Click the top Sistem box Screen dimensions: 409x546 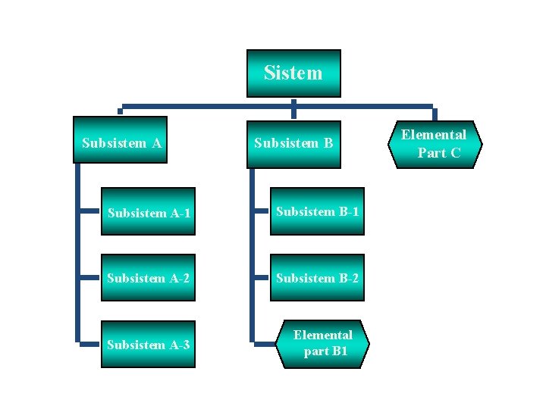pos(293,73)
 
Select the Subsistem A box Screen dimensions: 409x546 pos(121,142)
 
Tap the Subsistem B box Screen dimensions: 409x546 pos(293,142)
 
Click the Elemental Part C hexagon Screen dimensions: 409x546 pos(434,144)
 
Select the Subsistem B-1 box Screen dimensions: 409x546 pos(317,211)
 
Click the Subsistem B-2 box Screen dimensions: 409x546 pos(317,278)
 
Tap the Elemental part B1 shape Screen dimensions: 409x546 pos(323,343)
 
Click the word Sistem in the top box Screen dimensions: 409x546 pos(293,73)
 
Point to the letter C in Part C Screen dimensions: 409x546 pos(454,153)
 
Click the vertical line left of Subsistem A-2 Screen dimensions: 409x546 pos(77,278)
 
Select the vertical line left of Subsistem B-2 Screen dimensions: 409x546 pos(252,278)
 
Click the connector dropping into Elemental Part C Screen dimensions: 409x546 pos(434,113)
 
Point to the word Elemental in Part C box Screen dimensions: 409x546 pos(434,135)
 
